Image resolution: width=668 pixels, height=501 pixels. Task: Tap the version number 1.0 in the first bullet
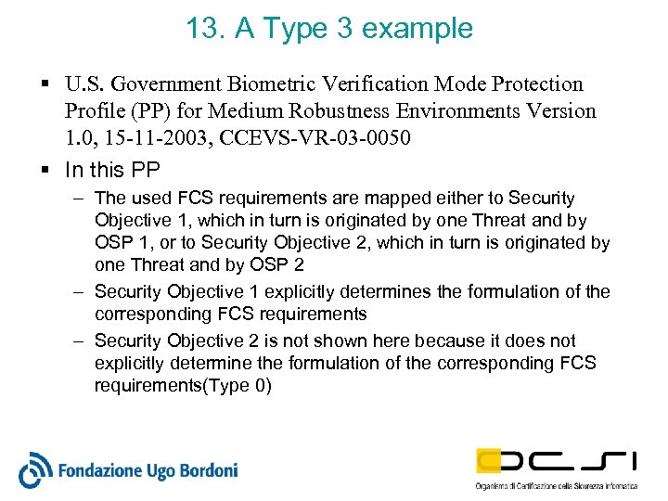click(x=78, y=137)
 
